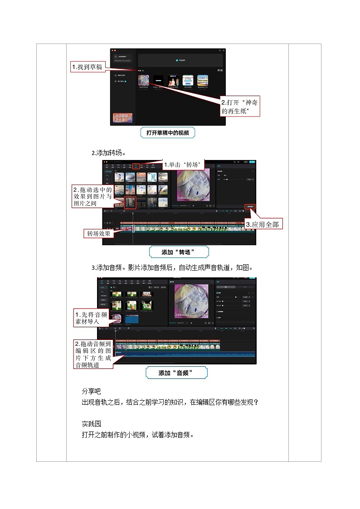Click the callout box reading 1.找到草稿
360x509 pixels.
(x=88, y=67)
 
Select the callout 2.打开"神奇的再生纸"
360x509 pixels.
(x=240, y=107)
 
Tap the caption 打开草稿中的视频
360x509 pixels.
(x=167, y=133)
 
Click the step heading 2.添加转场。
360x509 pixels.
(x=109, y=153)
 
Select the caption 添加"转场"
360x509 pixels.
(x=179, y=252)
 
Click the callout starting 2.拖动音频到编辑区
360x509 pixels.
(x=93, y=354)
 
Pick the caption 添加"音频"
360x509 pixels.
(x=176, y=373)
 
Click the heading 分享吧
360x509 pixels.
(x=91, y=391)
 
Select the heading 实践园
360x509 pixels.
(x=91, y=423)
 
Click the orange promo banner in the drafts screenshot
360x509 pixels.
(x=122, y=119)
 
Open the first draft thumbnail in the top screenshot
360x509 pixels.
(x=144, y=80)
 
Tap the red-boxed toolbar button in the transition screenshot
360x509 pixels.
(x=136, y=166)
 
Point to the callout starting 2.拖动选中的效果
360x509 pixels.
(x=92, y=196)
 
